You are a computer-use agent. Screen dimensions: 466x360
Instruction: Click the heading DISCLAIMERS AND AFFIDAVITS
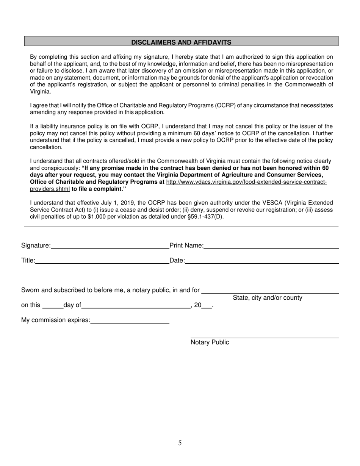(181, 42)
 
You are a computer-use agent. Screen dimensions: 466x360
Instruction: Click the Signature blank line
(110, 246)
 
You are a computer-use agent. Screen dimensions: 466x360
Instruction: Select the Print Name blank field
(271, 246)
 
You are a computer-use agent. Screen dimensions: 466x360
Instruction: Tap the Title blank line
(102, 261)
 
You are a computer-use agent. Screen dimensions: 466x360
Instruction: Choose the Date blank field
(261, 261)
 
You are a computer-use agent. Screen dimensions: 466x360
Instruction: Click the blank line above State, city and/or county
(270, 291)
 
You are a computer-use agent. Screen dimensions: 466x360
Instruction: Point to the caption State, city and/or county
(268, 298)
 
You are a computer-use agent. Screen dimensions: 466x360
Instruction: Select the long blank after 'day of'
(136, 306)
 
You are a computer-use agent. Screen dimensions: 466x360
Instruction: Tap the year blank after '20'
(207, 306)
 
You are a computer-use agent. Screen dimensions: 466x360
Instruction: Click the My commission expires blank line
(130, 321)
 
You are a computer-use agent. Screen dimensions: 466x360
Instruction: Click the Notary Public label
(210, 342)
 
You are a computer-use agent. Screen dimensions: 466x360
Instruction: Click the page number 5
(180, 443)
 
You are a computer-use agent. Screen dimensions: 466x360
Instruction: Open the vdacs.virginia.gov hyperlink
(246, 182)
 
